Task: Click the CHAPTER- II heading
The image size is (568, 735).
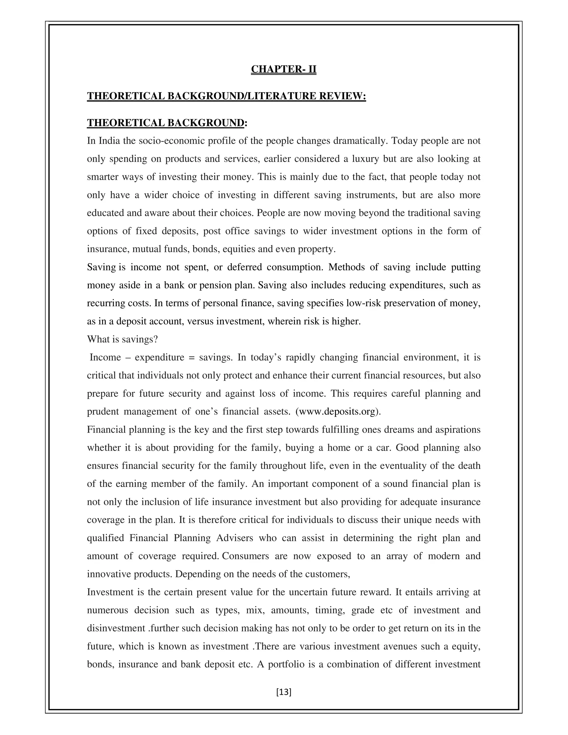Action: (284, 69)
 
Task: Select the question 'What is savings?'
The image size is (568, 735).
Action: (123, 339)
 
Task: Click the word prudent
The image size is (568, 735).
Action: (103, 412)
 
